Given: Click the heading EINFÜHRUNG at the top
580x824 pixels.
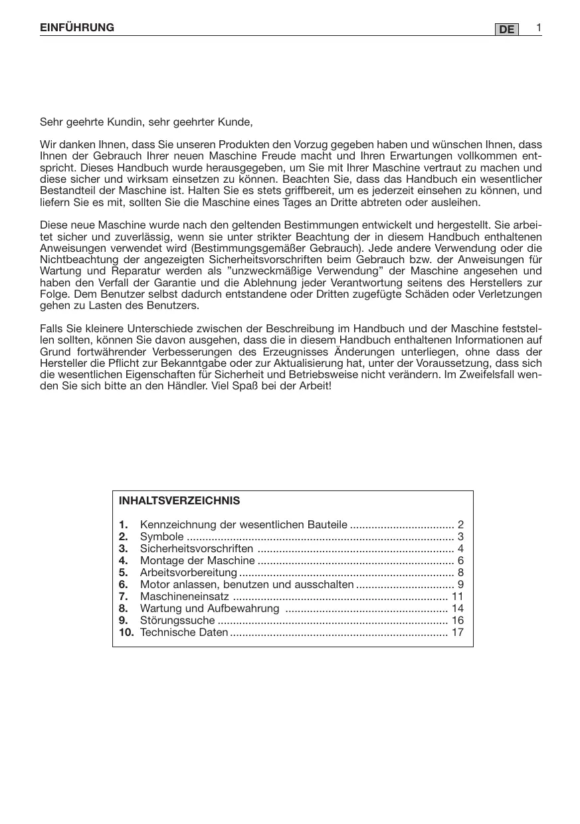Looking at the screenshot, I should click(x=77, y=28).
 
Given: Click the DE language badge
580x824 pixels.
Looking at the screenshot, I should click(x=507, y=30).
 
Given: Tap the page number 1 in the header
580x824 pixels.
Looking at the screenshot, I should click(x=539, y=27).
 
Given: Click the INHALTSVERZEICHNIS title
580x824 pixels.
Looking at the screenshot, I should click(x=179, y=500).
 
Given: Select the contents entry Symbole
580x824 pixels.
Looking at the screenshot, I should click(x=161, y=537).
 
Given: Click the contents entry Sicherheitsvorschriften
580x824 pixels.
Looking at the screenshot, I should click(x=197, y=549).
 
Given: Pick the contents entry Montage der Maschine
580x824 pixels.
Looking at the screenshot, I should click(x=188, y=561).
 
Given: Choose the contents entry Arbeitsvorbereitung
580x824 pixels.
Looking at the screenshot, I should click(x=188, y=573).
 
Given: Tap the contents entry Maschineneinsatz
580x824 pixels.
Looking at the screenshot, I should click(x=184, y=597).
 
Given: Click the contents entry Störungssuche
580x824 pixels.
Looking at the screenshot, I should click(x=177, y=621).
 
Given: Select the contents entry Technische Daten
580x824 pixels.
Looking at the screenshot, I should click(x=184, y=633).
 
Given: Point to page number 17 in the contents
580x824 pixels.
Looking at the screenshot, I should click(x=457, y=633).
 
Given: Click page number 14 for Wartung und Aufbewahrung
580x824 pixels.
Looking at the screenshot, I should click(x=457, y=609).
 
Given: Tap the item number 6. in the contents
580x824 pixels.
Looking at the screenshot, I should click(x=123, y=585).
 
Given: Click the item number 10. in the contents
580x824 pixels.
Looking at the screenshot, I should click(x=126, y=633).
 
